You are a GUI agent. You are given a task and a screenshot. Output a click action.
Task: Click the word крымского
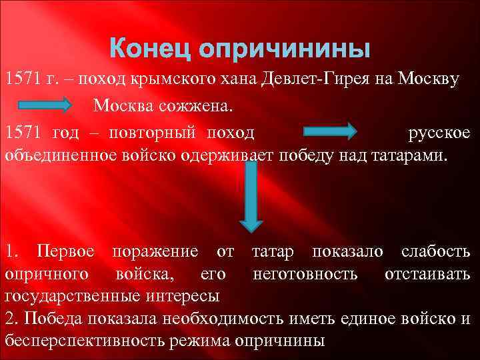[x=175, y=80]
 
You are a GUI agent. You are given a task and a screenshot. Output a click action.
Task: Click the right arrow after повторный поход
[x=329, y=132]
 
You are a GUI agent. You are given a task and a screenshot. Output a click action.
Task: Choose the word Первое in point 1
[x=69, y=251]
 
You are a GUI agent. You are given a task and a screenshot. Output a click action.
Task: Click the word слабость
[x=435, y=251]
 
